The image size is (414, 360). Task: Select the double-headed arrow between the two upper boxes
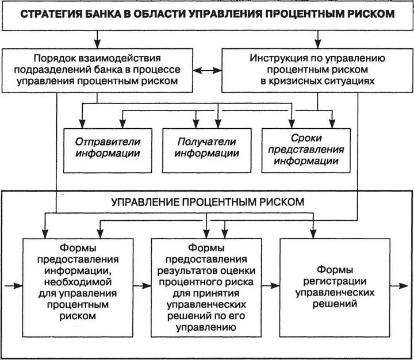point(208,70)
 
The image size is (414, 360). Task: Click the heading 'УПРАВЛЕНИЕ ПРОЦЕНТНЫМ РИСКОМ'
point(208,202)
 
